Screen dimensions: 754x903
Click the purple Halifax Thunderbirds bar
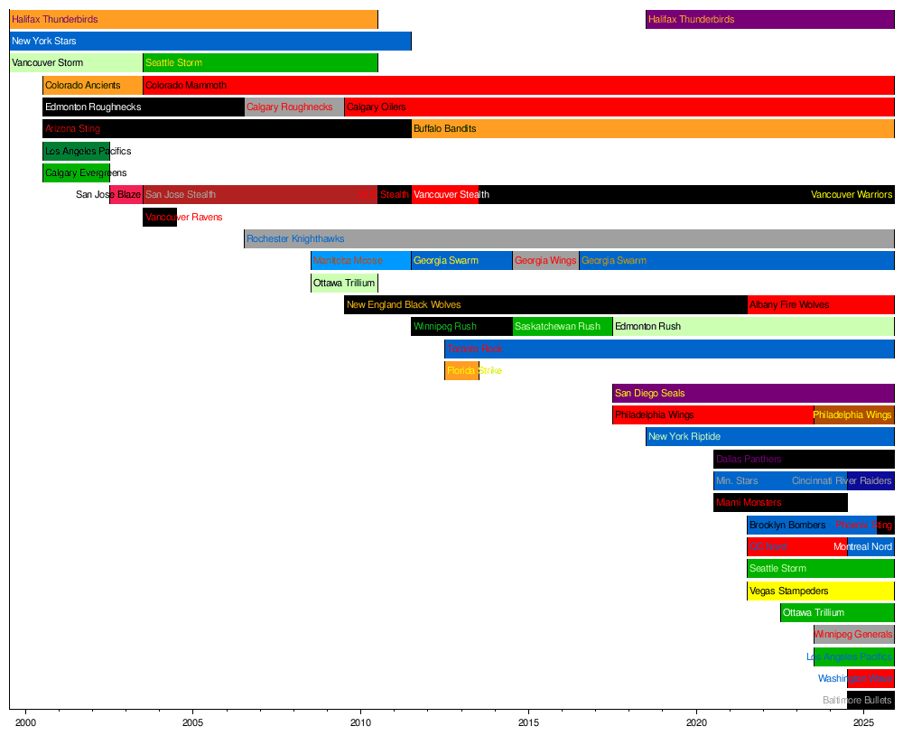pos(769,19)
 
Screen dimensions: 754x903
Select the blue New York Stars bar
pos(210,41)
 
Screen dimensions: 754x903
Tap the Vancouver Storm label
pos(48,63)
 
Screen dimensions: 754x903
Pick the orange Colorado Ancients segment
pos(92,85)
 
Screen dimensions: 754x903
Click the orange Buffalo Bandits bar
pos(652,128)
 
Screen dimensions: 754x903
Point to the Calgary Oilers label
pos(377,107)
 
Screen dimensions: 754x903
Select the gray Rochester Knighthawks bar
pos(569,238)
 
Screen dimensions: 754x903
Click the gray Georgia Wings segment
pos(545,261)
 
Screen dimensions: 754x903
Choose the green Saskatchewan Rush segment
pos(562,327)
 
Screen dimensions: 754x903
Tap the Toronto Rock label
pos(475,349)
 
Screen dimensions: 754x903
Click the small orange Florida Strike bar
pos(461,370)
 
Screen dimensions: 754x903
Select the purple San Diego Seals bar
pos(753,393)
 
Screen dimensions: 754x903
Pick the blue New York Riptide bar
pos(769,437)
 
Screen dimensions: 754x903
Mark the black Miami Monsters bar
pos(780,502)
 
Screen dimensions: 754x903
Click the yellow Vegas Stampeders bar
pos(820,591)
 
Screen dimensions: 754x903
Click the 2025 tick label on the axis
pos(864,722)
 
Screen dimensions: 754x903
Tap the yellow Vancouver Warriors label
pos(852,195)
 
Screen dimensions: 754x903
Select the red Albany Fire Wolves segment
pos(820,305)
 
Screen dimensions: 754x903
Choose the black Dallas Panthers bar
pos(804,459)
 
